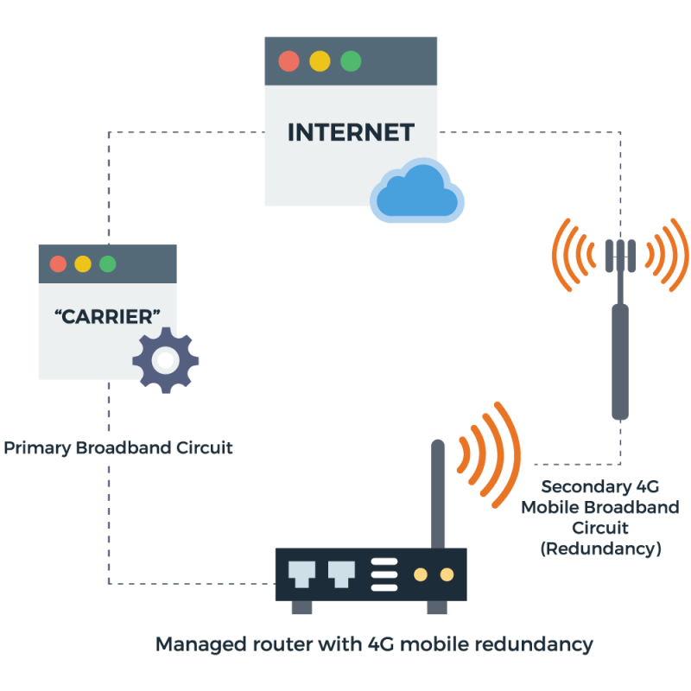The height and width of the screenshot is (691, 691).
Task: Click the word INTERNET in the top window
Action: (x=351, y=132)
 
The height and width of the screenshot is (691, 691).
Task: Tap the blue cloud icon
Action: (x=416, y=191)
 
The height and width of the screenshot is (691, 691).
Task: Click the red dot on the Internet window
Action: (x=288, y=61)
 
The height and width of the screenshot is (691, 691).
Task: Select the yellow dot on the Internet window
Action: (x=320, y=61)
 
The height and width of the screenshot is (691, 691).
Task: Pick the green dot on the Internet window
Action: (x=351, y=61)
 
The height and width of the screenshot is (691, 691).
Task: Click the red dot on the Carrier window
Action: (x=58, y=264)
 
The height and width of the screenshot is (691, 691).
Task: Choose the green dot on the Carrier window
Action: (x=107, y=264)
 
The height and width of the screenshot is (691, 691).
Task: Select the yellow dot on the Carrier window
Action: (x=82, y=264)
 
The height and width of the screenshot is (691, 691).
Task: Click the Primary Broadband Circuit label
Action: (x=118, y=449)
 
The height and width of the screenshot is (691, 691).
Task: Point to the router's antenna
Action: (x=438, y=492)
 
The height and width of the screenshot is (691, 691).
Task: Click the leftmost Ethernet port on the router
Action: (x=301, y=574)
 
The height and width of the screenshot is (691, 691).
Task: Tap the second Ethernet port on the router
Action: (x=340, y=574)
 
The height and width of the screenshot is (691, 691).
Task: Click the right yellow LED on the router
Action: (x=447, y=574)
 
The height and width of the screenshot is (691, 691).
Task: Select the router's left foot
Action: (x=301, y=607)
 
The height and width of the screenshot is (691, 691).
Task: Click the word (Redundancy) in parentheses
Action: (x=600, y=548)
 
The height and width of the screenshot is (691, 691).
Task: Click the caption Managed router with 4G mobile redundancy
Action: (x=373, y=644)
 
